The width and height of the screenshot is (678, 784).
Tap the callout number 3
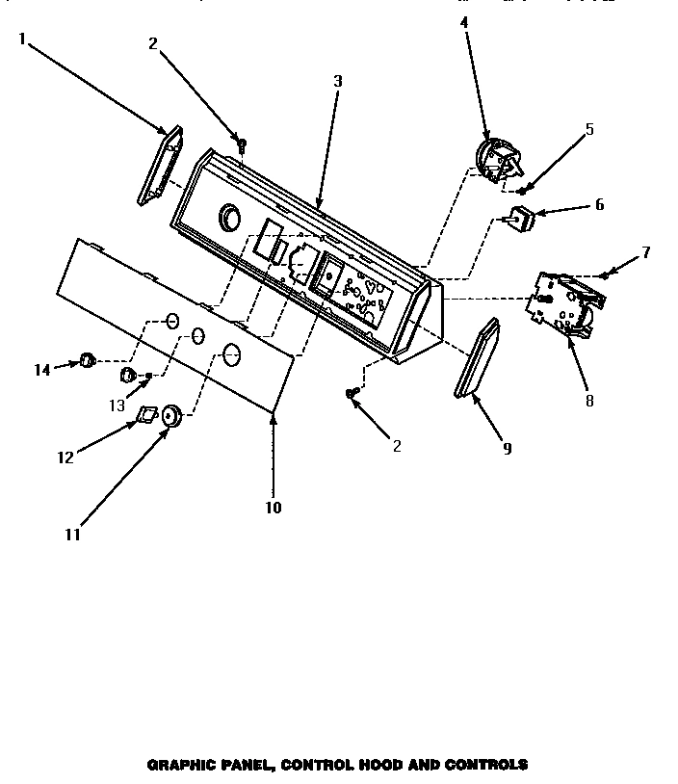pos(337,81)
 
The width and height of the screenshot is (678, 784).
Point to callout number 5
pos(589,128)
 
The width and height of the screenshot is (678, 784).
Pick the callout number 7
pos(645,252)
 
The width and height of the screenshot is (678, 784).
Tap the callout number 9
pos(507,448)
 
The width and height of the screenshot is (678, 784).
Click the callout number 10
pos(274,507)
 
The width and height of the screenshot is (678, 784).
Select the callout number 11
pos(73,535)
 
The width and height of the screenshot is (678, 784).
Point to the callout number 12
pos(65,457)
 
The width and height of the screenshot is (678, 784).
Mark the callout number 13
pos(117,405)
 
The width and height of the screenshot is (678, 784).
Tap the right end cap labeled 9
pos(477,357)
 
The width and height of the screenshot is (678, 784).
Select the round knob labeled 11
pos(171,416)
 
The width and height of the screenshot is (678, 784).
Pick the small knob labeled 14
pos(87,360)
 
